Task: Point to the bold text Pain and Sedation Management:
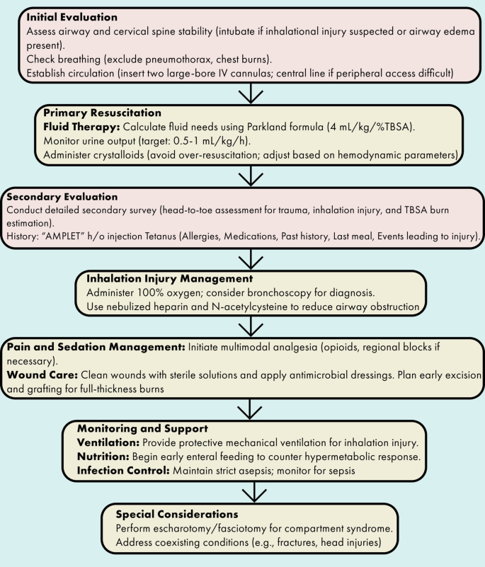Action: [x=95, y=345]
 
